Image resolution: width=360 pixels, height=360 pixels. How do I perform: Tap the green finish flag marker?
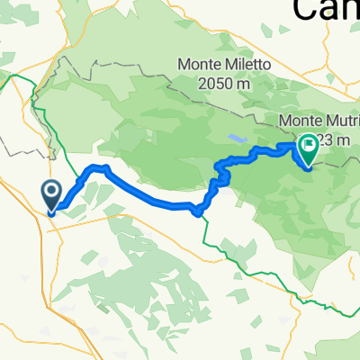pos(309,147)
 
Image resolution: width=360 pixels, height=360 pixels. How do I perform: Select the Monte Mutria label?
pos(319,120)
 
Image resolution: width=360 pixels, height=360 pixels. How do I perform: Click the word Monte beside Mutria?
pos(301,120)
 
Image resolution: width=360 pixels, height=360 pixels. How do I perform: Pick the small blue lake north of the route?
pos(237,139)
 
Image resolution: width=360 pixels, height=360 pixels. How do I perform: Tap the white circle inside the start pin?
pos(51,191)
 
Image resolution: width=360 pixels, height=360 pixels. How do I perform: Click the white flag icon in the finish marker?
pos(310,142)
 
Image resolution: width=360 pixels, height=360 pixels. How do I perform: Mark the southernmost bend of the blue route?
pos(198,212)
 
